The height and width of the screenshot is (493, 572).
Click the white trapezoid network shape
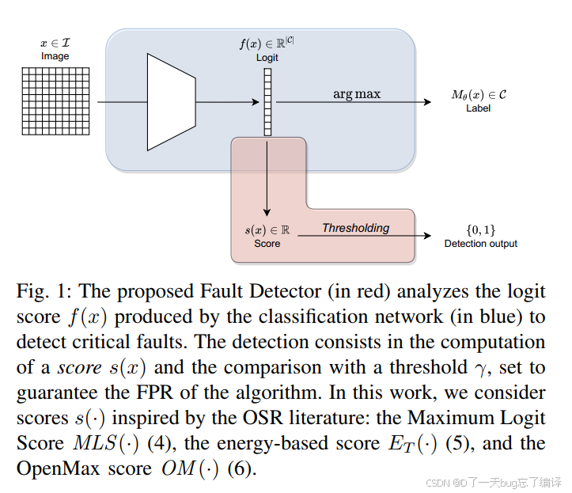(171, 102)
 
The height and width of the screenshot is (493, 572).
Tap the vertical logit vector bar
(267, 103)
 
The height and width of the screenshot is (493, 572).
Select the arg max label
(356, 94)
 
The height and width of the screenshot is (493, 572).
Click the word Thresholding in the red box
(355, 228)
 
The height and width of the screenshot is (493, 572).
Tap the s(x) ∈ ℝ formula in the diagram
(267, 229)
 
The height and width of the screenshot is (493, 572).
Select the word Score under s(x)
(267, 244)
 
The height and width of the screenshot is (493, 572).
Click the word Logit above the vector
(267, 58)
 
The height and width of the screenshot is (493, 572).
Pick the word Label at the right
(478, 108)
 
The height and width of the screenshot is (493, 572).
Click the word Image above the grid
(55, 56)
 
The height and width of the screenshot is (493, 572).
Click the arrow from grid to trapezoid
(118, 102)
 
